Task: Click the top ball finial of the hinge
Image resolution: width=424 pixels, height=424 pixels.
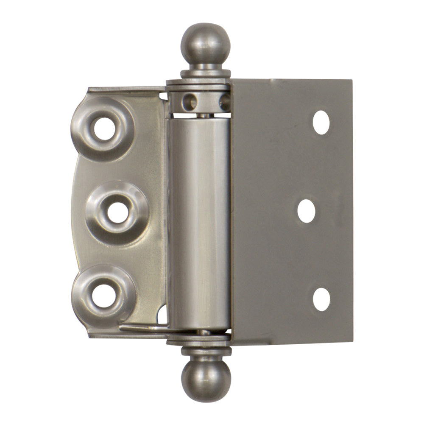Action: [x=205, y=43]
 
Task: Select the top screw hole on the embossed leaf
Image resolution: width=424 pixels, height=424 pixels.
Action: [x=104, y=129]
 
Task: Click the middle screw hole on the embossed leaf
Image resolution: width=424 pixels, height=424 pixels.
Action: [x=117, y=212]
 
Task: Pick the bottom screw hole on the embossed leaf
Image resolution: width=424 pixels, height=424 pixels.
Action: [x=104, y=296]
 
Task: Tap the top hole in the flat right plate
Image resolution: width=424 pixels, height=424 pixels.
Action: [x=321, y=123]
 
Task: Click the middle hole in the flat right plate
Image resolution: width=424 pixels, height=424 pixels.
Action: [x=306, y=211]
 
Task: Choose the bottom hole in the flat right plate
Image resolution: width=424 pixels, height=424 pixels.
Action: [x=321, y=299]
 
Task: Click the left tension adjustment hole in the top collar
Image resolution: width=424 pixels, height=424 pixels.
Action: [x=190, y=102]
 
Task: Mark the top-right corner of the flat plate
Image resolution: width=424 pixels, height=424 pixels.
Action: [x=351, y=81]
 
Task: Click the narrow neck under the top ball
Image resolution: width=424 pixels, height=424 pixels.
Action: [x=206, y=67]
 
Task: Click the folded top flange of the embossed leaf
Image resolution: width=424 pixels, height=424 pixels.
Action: [x=127, y=89]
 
